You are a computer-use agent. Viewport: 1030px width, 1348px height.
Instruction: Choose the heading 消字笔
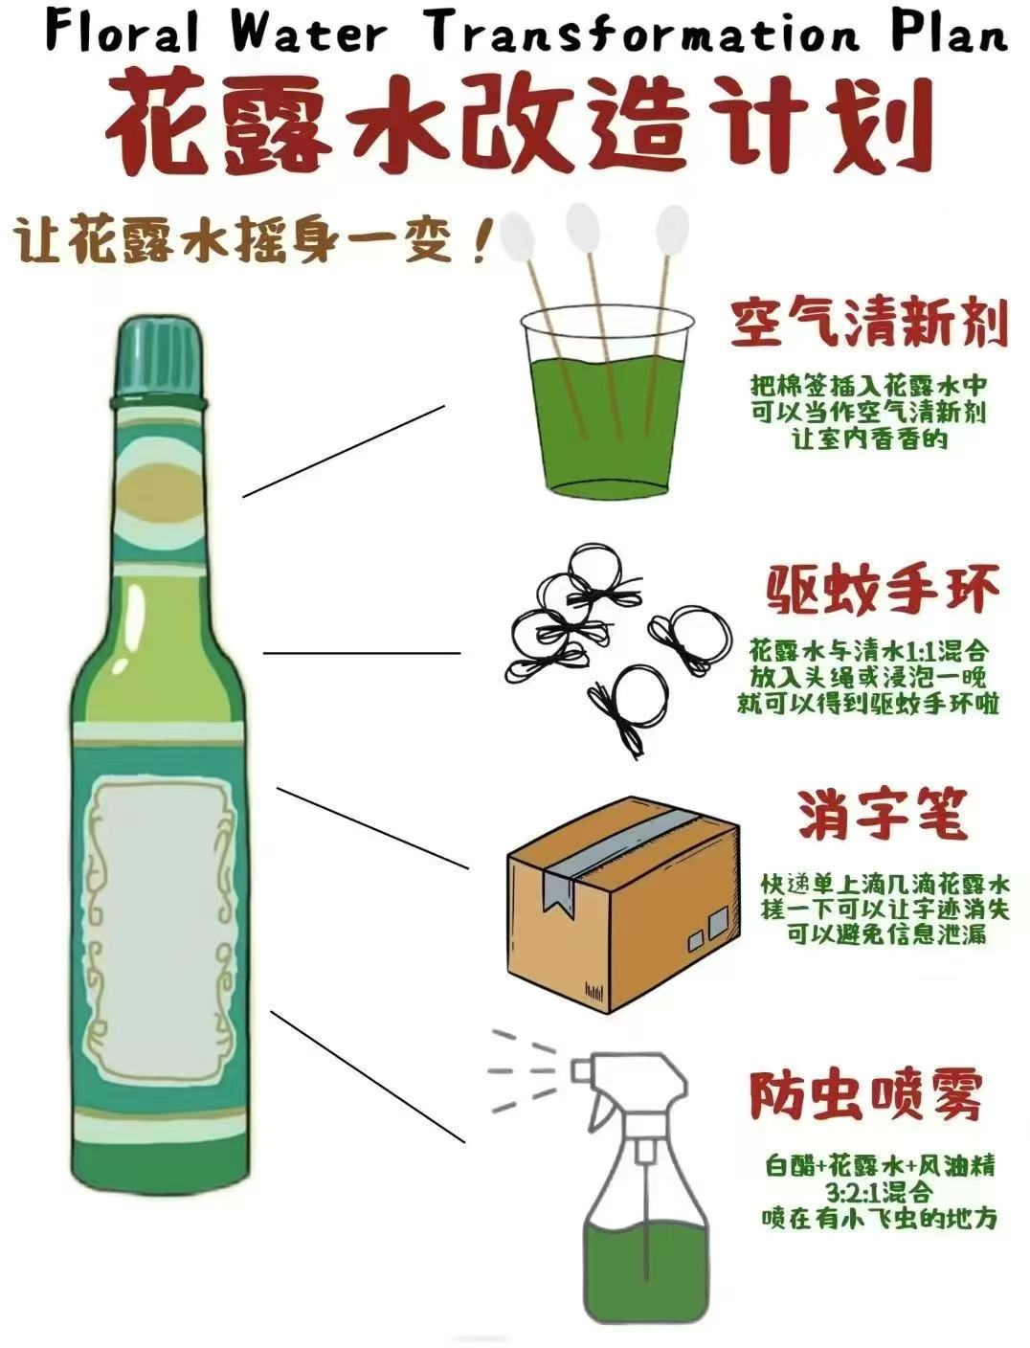884,815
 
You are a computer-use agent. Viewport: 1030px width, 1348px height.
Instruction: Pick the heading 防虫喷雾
865,1095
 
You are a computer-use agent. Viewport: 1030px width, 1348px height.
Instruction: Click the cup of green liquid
606,421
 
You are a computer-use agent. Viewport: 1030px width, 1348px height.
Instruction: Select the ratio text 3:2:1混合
878,1193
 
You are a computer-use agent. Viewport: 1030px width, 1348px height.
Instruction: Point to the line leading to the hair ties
361,653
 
